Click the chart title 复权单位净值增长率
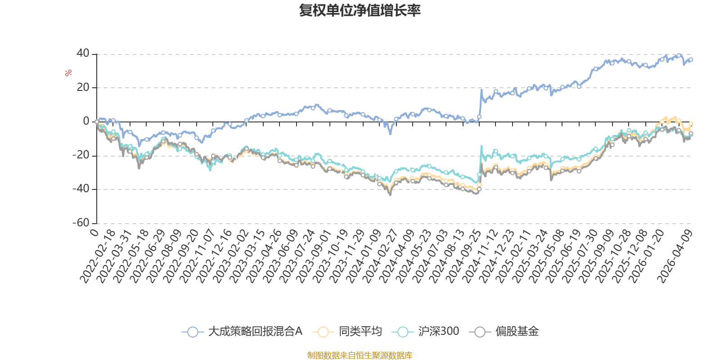coord(360,11)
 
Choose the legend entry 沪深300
coord(426,332)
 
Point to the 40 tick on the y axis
coord(83,54)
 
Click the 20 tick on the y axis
coord(83,87)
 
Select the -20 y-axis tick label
coord(81,155)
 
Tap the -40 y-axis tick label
coord(81,189)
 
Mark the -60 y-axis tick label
coord(81,223)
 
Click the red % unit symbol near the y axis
coord(68,73)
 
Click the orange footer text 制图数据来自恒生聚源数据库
coord(360,355)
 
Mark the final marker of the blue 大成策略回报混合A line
coord(691,59)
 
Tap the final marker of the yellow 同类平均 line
coord(691,123)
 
